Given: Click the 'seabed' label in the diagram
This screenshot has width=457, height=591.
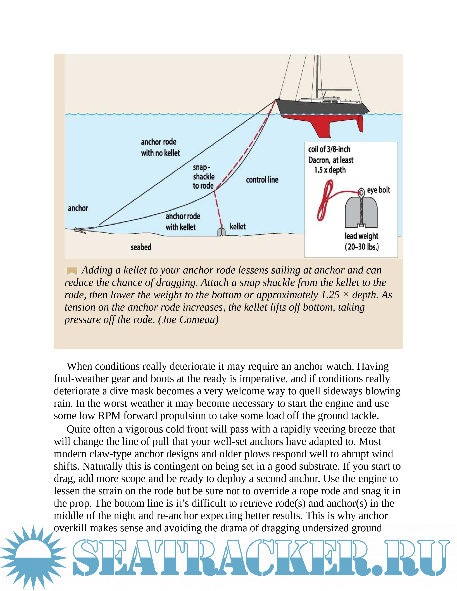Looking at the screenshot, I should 141,247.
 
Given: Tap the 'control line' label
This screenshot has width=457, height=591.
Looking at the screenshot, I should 262,180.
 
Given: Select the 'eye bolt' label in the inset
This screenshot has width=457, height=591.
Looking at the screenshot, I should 379,190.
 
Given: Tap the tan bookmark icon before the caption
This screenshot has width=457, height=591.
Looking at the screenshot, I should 72,270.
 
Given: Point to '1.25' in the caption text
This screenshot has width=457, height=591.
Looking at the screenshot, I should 330,295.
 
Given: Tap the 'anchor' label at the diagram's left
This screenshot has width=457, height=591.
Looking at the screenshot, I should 78,208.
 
